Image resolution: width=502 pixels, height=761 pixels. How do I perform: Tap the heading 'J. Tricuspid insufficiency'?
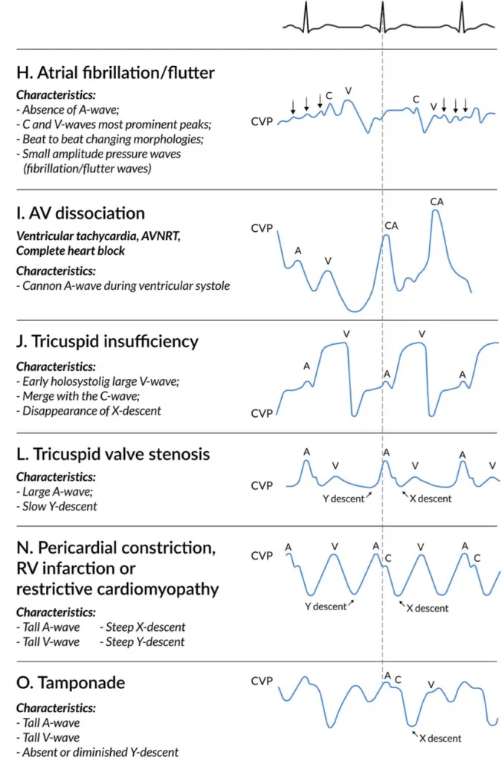pyautogui.click(x=107, y=341)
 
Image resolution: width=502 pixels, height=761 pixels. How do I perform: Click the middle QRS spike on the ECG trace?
pyautogui.click(x=382, y=15)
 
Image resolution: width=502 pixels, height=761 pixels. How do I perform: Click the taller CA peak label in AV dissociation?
pyautogui.click(x=437, y=201)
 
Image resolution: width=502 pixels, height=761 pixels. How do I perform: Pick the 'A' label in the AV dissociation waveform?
pyautogui.click(x=298, y=251)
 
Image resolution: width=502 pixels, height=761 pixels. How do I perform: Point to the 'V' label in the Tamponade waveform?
pyautogui.click(x=430, y=684)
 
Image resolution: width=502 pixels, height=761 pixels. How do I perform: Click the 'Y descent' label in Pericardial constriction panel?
pyautogui.click(x=326, y=606)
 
